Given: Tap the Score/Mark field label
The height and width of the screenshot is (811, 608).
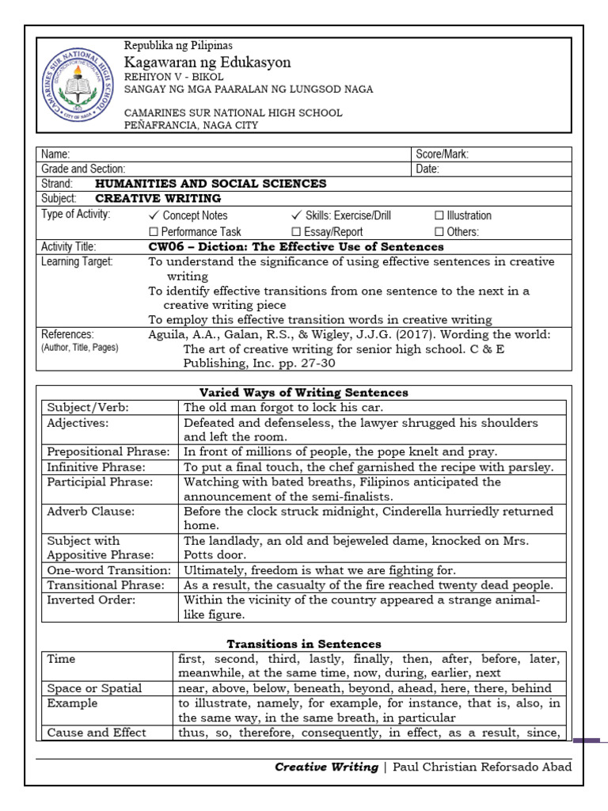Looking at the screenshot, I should [x=442, y=154].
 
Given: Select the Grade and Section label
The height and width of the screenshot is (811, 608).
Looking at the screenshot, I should [x=83, y=169].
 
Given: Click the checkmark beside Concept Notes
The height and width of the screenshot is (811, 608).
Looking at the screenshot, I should [x=154, y=215].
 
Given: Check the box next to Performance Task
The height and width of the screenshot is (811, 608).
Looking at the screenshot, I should [x=154, y=232].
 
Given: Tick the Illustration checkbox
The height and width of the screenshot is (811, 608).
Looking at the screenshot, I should [x=439, y=215].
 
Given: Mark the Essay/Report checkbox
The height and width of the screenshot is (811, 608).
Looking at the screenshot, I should [x=296, y=232].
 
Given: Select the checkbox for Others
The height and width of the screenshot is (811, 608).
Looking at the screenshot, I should [x=439, y=232].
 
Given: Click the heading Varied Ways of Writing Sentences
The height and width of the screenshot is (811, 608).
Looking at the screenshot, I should [x=303, y=392].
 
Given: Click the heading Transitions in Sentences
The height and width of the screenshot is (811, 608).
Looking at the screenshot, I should [x=304, y=644].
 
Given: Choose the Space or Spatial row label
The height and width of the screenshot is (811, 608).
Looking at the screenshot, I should [x=94, y=688].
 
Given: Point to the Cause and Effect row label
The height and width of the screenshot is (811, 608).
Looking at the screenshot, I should [x=97, y=733].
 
